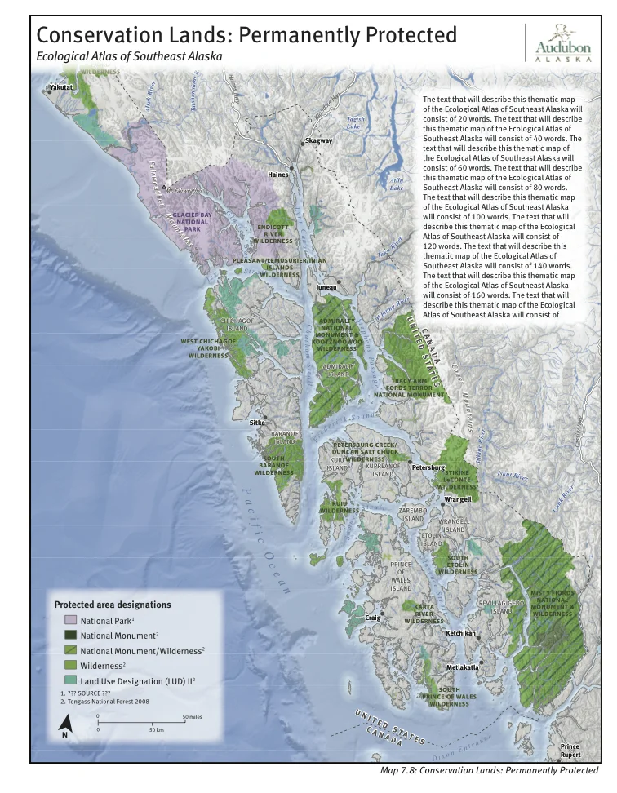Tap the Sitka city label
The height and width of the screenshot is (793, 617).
coord(257,423)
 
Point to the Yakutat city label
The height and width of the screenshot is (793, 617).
coord(61,86)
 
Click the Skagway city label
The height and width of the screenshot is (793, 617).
coord(318,140)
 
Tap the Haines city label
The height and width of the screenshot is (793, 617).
coord(278,175)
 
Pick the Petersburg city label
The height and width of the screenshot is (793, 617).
coord(427,467)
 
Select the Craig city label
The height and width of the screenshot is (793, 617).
coord(372,618)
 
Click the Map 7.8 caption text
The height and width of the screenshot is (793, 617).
coord(489,770)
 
